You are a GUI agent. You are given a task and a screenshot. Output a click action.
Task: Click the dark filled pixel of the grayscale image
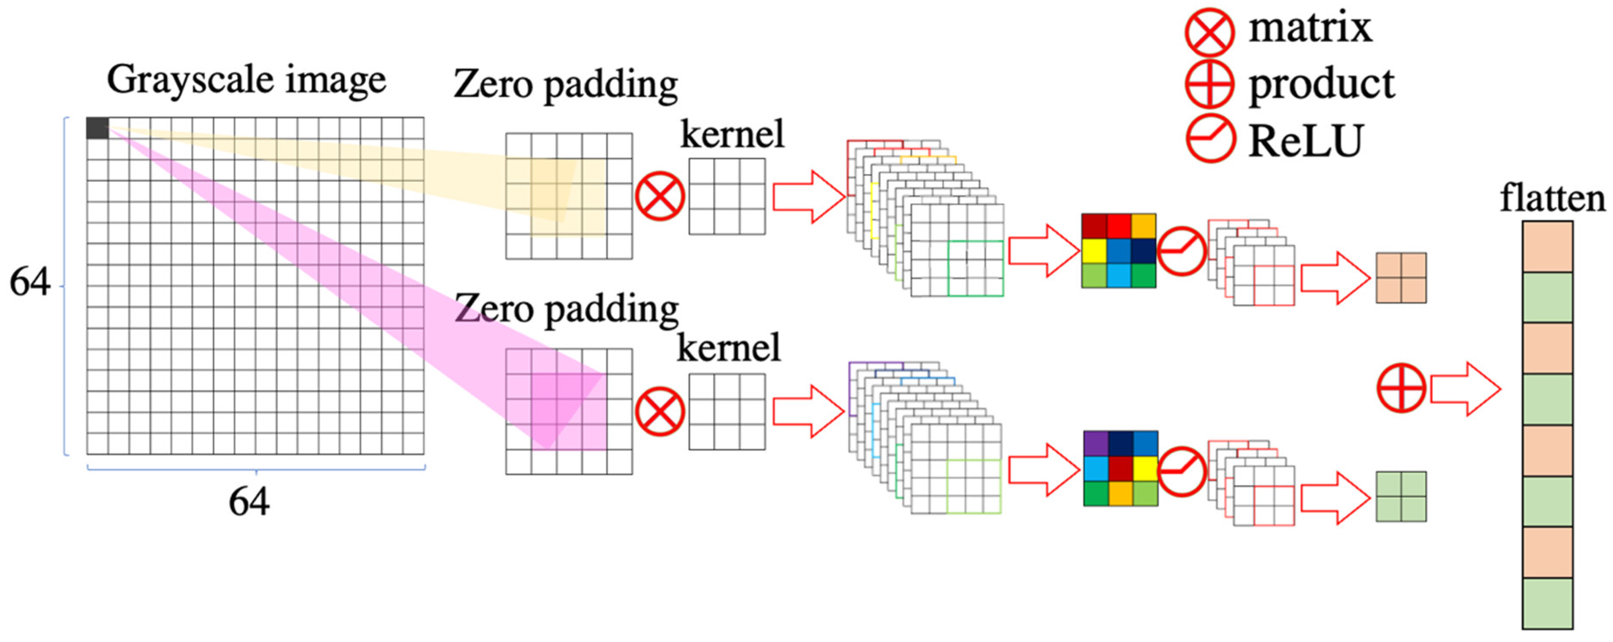[x=97, y=128]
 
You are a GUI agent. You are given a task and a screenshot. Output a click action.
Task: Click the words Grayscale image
[x=246, y=80]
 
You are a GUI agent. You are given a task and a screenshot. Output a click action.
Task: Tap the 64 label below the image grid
[x=249, y=501]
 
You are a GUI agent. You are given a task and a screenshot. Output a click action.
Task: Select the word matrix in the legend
[x=1310, y=28]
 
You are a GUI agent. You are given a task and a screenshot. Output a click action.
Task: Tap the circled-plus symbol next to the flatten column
[x=1401, y=388]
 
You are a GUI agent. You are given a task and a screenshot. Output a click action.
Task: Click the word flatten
[x=1552, y=199]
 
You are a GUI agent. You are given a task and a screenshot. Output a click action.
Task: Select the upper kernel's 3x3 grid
[x=727, y=196]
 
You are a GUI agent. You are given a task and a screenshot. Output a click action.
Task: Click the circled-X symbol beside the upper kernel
[x=659, y=196]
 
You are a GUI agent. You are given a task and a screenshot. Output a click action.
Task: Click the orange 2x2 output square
[x=1401, y=278]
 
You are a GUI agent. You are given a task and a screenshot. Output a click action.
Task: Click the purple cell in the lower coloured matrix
[x=1096, y=443]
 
